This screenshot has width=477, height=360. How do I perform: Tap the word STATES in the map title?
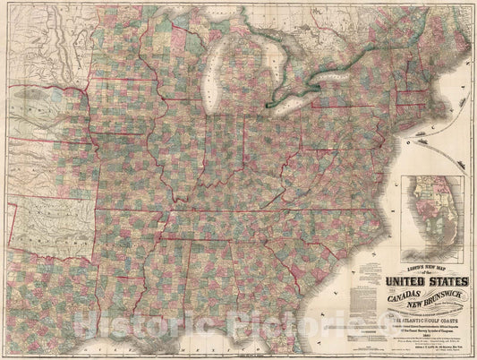click(428, 266)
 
